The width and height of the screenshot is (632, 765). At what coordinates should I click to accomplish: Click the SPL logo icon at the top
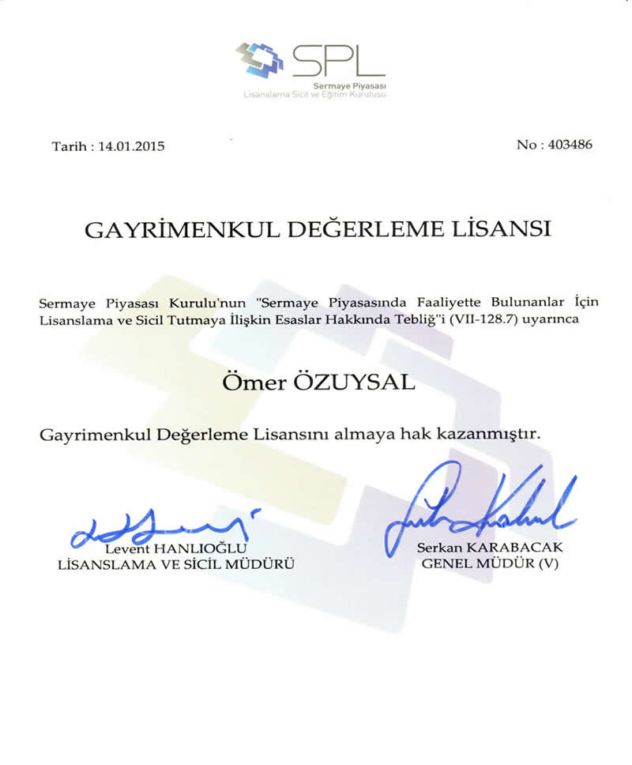[x=261, y=59]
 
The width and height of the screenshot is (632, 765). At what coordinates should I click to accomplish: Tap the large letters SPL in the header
[x=337, y=59]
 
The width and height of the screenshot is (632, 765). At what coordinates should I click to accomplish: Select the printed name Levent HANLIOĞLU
[x=177, y=548]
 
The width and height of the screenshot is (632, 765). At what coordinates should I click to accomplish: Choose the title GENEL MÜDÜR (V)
[x=490, y=564]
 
